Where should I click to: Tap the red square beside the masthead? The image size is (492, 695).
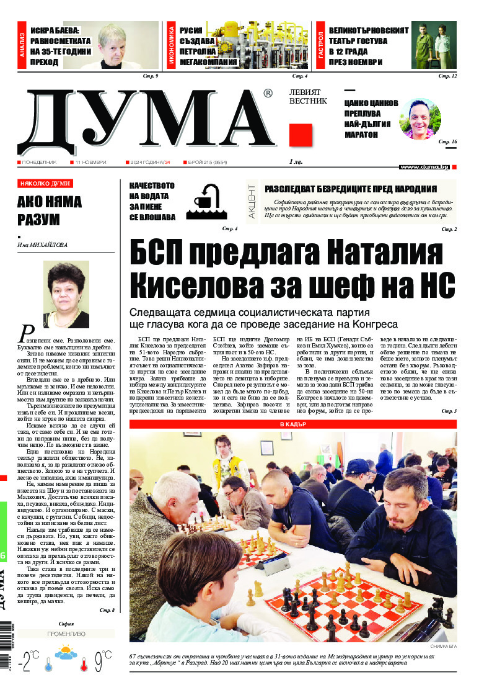point(301,135)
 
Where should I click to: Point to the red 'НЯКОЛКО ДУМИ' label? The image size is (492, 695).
point(45,184)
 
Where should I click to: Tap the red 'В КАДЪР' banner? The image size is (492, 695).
point(292,424)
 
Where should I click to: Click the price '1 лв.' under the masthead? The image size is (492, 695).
point(297,162)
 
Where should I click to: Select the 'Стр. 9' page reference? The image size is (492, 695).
point(151,76)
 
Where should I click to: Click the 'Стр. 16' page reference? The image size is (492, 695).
point(447,143)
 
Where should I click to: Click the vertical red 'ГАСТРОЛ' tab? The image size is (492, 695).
point(320,45)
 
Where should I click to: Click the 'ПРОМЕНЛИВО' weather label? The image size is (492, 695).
point(66,634)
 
